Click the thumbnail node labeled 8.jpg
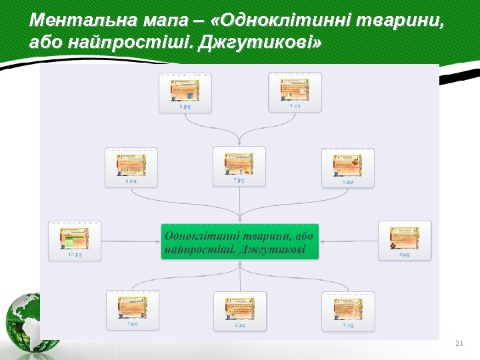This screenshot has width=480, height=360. (185, 93)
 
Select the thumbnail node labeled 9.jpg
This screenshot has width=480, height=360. (295, 93)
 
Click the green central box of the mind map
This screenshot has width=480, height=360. (240, 241)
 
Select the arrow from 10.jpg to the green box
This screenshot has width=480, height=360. (131, 241)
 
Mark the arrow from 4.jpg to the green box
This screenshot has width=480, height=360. (349, 241)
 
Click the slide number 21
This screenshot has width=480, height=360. (458, 343)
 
